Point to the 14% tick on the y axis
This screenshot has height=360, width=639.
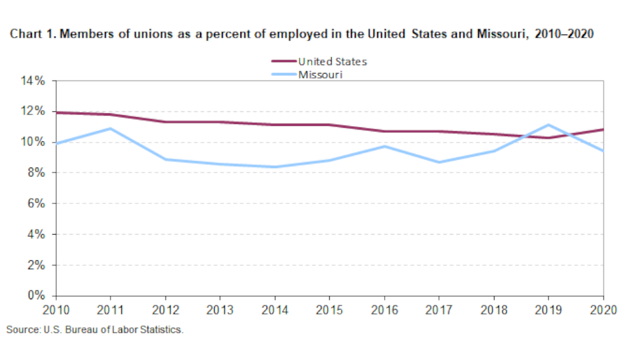point(35,81)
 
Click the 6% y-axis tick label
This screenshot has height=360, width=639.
point(37,203)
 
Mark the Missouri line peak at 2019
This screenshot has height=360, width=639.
point(549,125)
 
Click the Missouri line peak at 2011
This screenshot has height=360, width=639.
point(111,129)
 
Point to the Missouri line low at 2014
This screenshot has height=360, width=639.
point(275,167)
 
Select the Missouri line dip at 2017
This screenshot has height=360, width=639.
point(439,162)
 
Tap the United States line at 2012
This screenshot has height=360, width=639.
point(166,121)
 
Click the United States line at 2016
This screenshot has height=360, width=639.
point(385,131)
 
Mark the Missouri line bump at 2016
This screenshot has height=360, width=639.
point(385,146)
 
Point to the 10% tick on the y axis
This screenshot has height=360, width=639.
point(35,142)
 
